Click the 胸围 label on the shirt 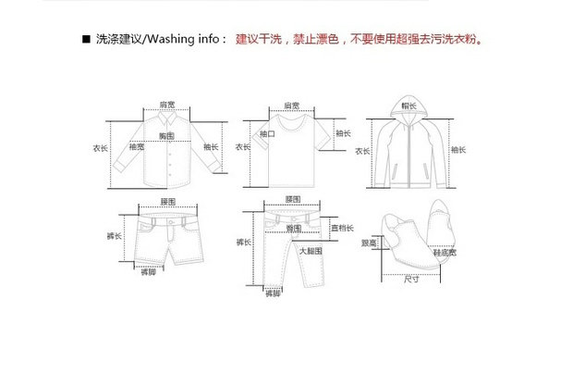[167, 136]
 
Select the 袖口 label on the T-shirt [268, 134]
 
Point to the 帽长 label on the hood [408, 106]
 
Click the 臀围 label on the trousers [294, 227]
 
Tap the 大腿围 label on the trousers [310, 251]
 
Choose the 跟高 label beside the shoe [368, 243]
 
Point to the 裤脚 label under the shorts [148, 272]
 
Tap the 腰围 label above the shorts [167, 201]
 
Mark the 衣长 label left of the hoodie [359, 148]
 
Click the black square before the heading [86, 41]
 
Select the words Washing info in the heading [183, 41]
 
